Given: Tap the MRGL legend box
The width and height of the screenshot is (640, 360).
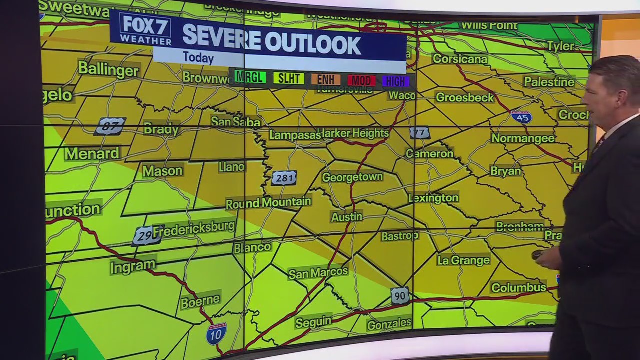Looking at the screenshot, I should (x=250, y=78).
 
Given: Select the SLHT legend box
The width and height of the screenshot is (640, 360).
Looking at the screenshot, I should (x=288, y=78).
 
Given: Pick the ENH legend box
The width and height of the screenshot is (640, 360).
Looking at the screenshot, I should (x=326, y=79).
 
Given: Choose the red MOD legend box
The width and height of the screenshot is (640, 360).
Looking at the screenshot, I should (x=361, y=80).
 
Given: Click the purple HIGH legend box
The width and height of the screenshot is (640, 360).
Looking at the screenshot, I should (x=396, y=81).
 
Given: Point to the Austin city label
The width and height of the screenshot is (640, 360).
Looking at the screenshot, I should (x=346, y=217).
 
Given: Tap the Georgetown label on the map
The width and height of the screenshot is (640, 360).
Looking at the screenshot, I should (x=352, y=177).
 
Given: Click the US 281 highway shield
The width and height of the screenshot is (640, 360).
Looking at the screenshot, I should (x=284, y=178).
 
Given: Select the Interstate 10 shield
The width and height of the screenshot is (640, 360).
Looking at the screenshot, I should (x=216, y=333).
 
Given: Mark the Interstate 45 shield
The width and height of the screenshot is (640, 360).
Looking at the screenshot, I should (x=521, y=117).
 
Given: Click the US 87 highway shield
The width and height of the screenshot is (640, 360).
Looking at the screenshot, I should (x=110, y=126).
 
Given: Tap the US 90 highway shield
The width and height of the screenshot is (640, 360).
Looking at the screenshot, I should (x=400, y=295).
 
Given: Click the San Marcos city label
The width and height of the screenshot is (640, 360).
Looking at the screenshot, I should (x=318, y=272).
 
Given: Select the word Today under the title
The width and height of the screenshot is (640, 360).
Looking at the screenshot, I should (x=198, y=57).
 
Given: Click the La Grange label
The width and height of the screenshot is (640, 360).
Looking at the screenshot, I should (x=463, y=260).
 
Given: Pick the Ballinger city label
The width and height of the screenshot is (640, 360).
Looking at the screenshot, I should (x=108, y=69).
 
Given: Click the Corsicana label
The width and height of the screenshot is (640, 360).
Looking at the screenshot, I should (x=460, y=59).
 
